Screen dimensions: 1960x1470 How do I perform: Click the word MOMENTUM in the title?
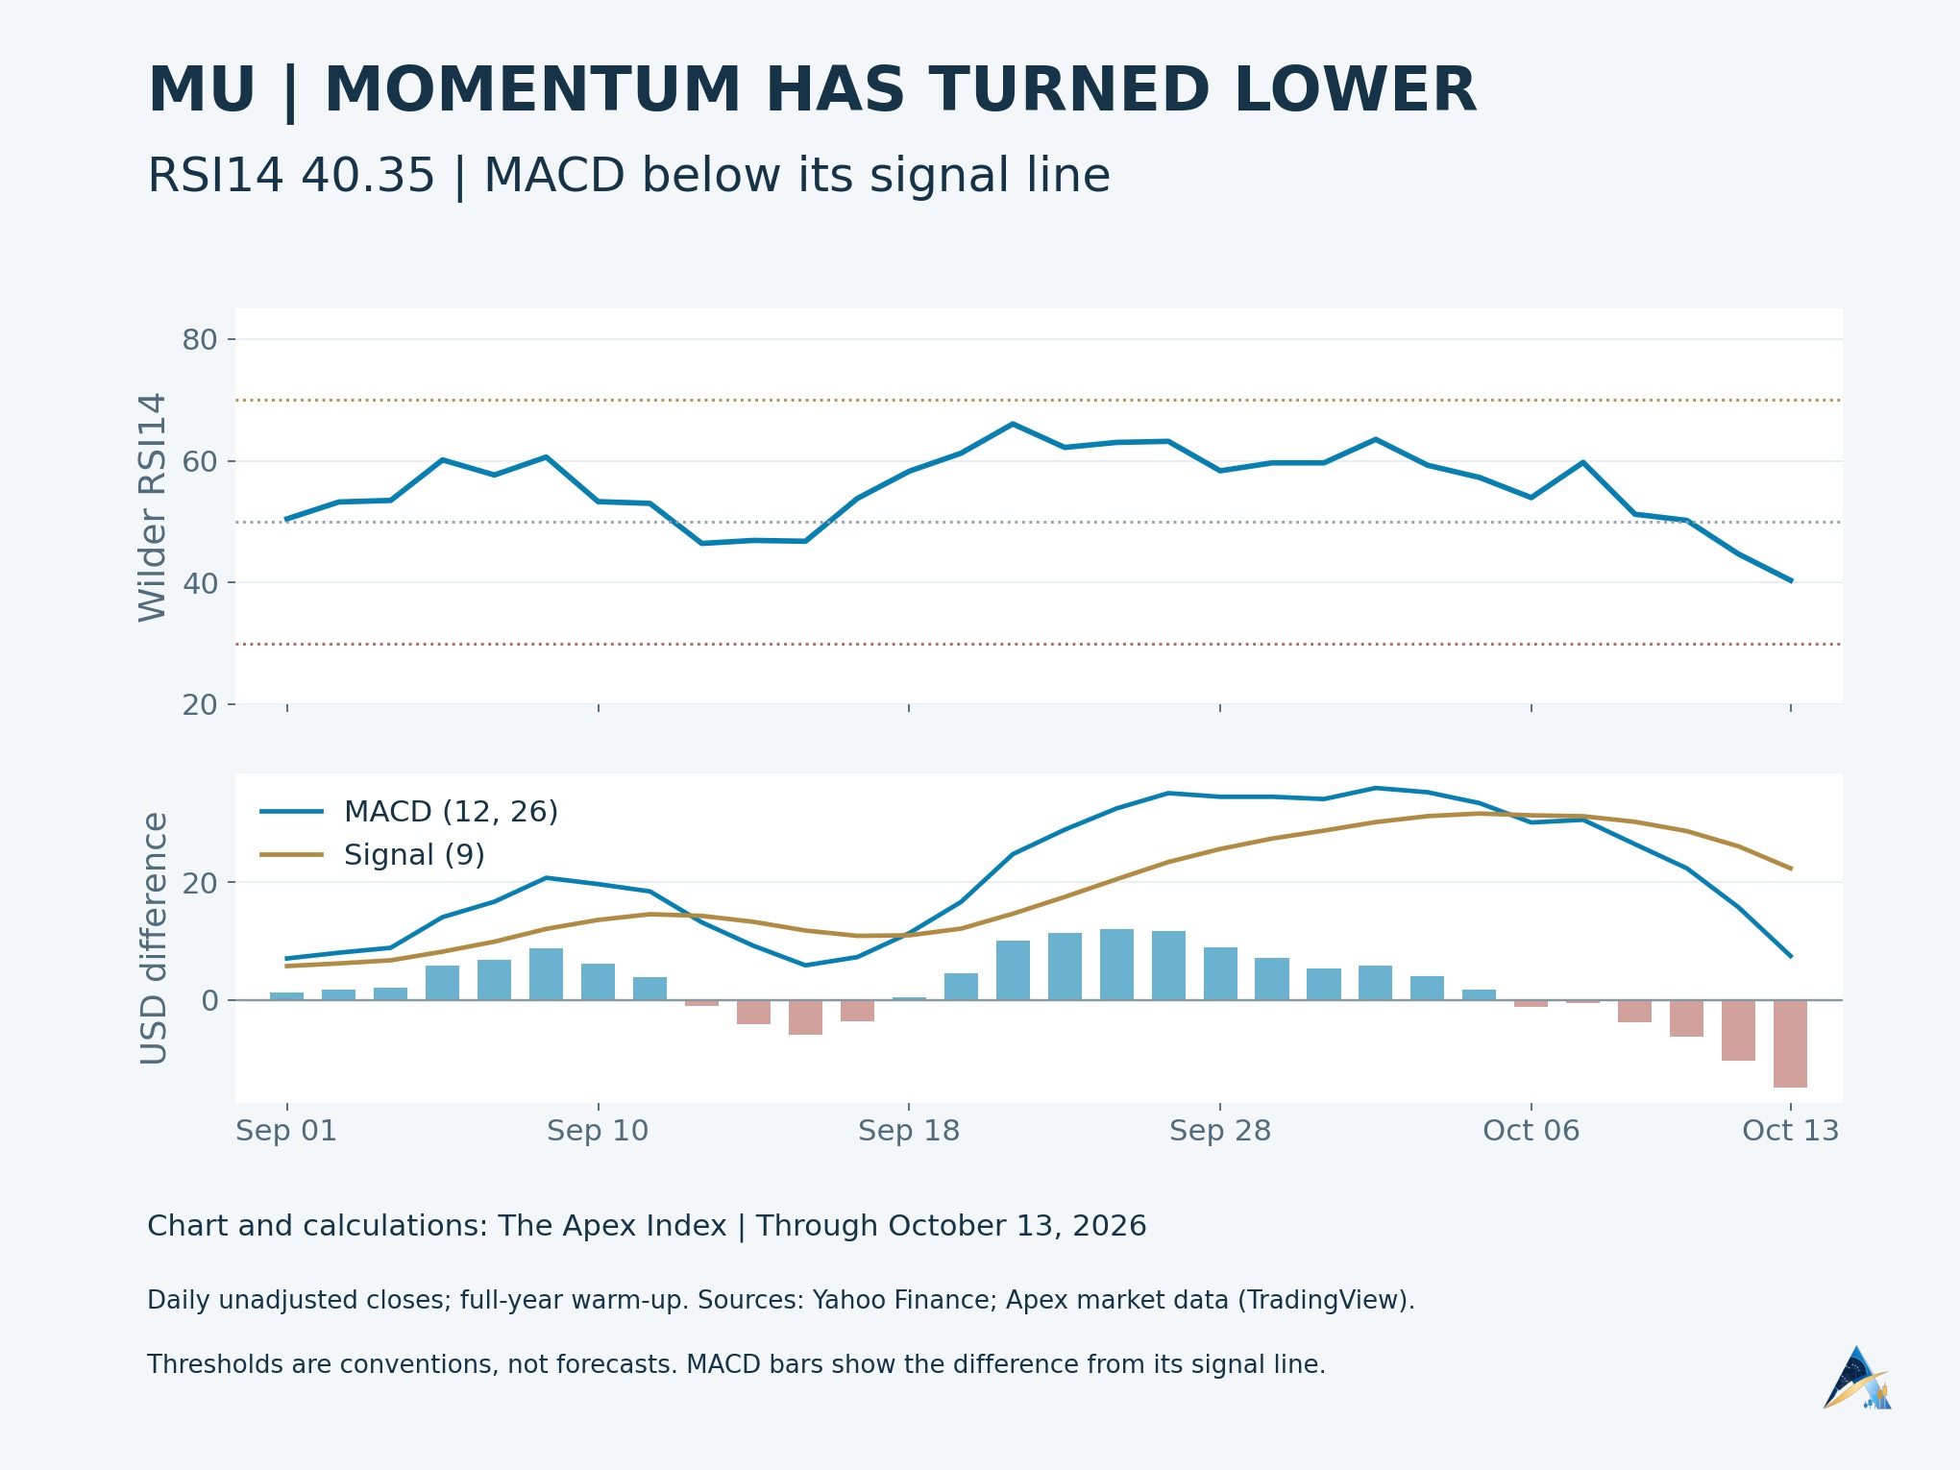533,90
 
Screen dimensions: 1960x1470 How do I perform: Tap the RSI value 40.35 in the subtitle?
368,176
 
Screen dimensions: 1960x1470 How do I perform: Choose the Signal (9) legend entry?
373,854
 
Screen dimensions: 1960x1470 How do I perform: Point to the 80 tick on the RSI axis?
199,339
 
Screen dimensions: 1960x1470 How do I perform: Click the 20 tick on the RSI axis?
199,705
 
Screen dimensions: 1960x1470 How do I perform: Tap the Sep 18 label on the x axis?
909,1131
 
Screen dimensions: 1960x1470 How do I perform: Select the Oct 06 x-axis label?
1531,1131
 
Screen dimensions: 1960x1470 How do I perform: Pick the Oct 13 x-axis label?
1791,1131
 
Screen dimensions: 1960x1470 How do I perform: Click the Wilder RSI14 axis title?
153,507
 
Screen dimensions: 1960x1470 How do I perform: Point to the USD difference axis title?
154,939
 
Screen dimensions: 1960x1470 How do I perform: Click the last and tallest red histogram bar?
1790,1043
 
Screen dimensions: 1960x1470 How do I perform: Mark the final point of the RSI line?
1791,580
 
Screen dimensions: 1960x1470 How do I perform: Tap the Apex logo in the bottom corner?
1857,1378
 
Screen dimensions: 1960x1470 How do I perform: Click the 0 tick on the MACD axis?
209,1000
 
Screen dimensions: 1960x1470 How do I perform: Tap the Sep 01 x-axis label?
286,1131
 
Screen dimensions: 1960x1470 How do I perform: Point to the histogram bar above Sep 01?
286,996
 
